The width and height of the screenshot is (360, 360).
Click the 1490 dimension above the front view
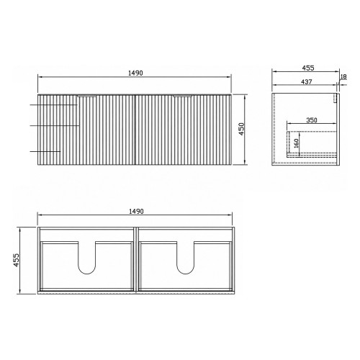[135, 73]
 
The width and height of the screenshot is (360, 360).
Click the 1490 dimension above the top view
[136, 211]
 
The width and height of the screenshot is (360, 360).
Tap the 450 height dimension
[242, 129]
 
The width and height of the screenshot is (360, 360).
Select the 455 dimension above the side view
[308, 68]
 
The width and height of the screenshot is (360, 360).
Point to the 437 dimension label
[307, 82]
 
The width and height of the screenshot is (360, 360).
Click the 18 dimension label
[343, 76]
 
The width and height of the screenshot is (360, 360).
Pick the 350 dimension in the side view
[312, 120]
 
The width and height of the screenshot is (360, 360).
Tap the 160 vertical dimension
[296, 143]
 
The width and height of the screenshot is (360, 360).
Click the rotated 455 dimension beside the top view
[16, 260]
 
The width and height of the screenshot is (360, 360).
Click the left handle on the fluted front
[87, 96]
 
